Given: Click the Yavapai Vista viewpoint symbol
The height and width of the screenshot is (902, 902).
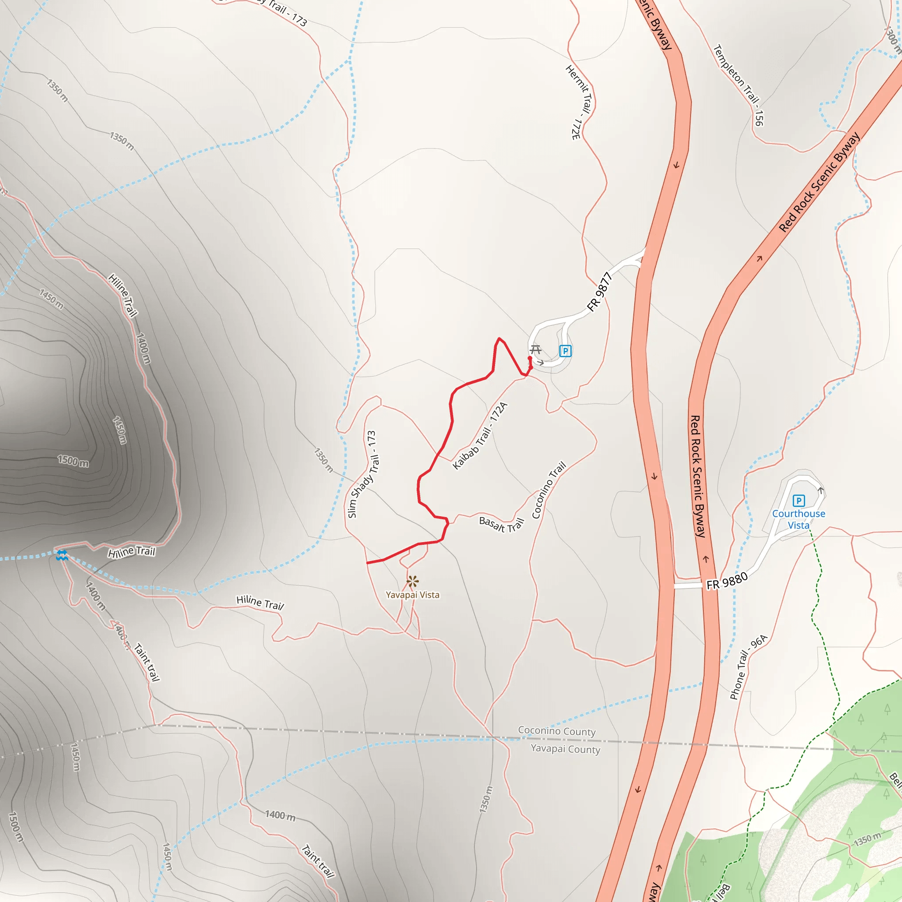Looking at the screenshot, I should pos(412,581).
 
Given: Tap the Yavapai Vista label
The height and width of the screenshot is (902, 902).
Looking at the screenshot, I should pos(412,595).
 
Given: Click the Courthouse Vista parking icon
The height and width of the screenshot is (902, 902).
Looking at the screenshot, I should pos(799,500).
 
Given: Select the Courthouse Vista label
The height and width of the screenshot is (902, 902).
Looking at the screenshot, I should pos(798,519).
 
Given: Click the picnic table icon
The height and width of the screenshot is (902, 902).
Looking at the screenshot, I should pos(536,349).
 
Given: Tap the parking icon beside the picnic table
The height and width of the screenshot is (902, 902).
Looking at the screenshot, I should pos(565,351).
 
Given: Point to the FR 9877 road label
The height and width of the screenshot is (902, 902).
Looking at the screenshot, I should pos(599,292).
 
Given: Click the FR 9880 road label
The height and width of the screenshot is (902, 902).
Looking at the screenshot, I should pos(727,581).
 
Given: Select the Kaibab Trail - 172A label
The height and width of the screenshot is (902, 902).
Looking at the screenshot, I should pos(480,435).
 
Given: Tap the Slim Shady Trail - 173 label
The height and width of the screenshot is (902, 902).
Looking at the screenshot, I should pos(362,474).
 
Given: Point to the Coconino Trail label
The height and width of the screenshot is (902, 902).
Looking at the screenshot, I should pos(549,490).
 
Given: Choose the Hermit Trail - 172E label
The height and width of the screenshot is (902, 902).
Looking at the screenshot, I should pos(580,102).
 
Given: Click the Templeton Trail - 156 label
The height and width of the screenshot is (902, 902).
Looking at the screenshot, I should pos(739,85).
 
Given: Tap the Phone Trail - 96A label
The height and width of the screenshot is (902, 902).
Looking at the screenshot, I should pos(748,667).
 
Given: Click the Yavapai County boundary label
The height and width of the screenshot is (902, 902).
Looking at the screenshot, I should pos(566,749).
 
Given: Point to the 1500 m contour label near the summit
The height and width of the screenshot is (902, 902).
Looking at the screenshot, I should pos(73,461).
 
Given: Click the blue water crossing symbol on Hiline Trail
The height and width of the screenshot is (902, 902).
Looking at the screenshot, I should pos(62,555).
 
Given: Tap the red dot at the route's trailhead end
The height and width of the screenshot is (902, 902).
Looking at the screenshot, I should pos(529,358).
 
